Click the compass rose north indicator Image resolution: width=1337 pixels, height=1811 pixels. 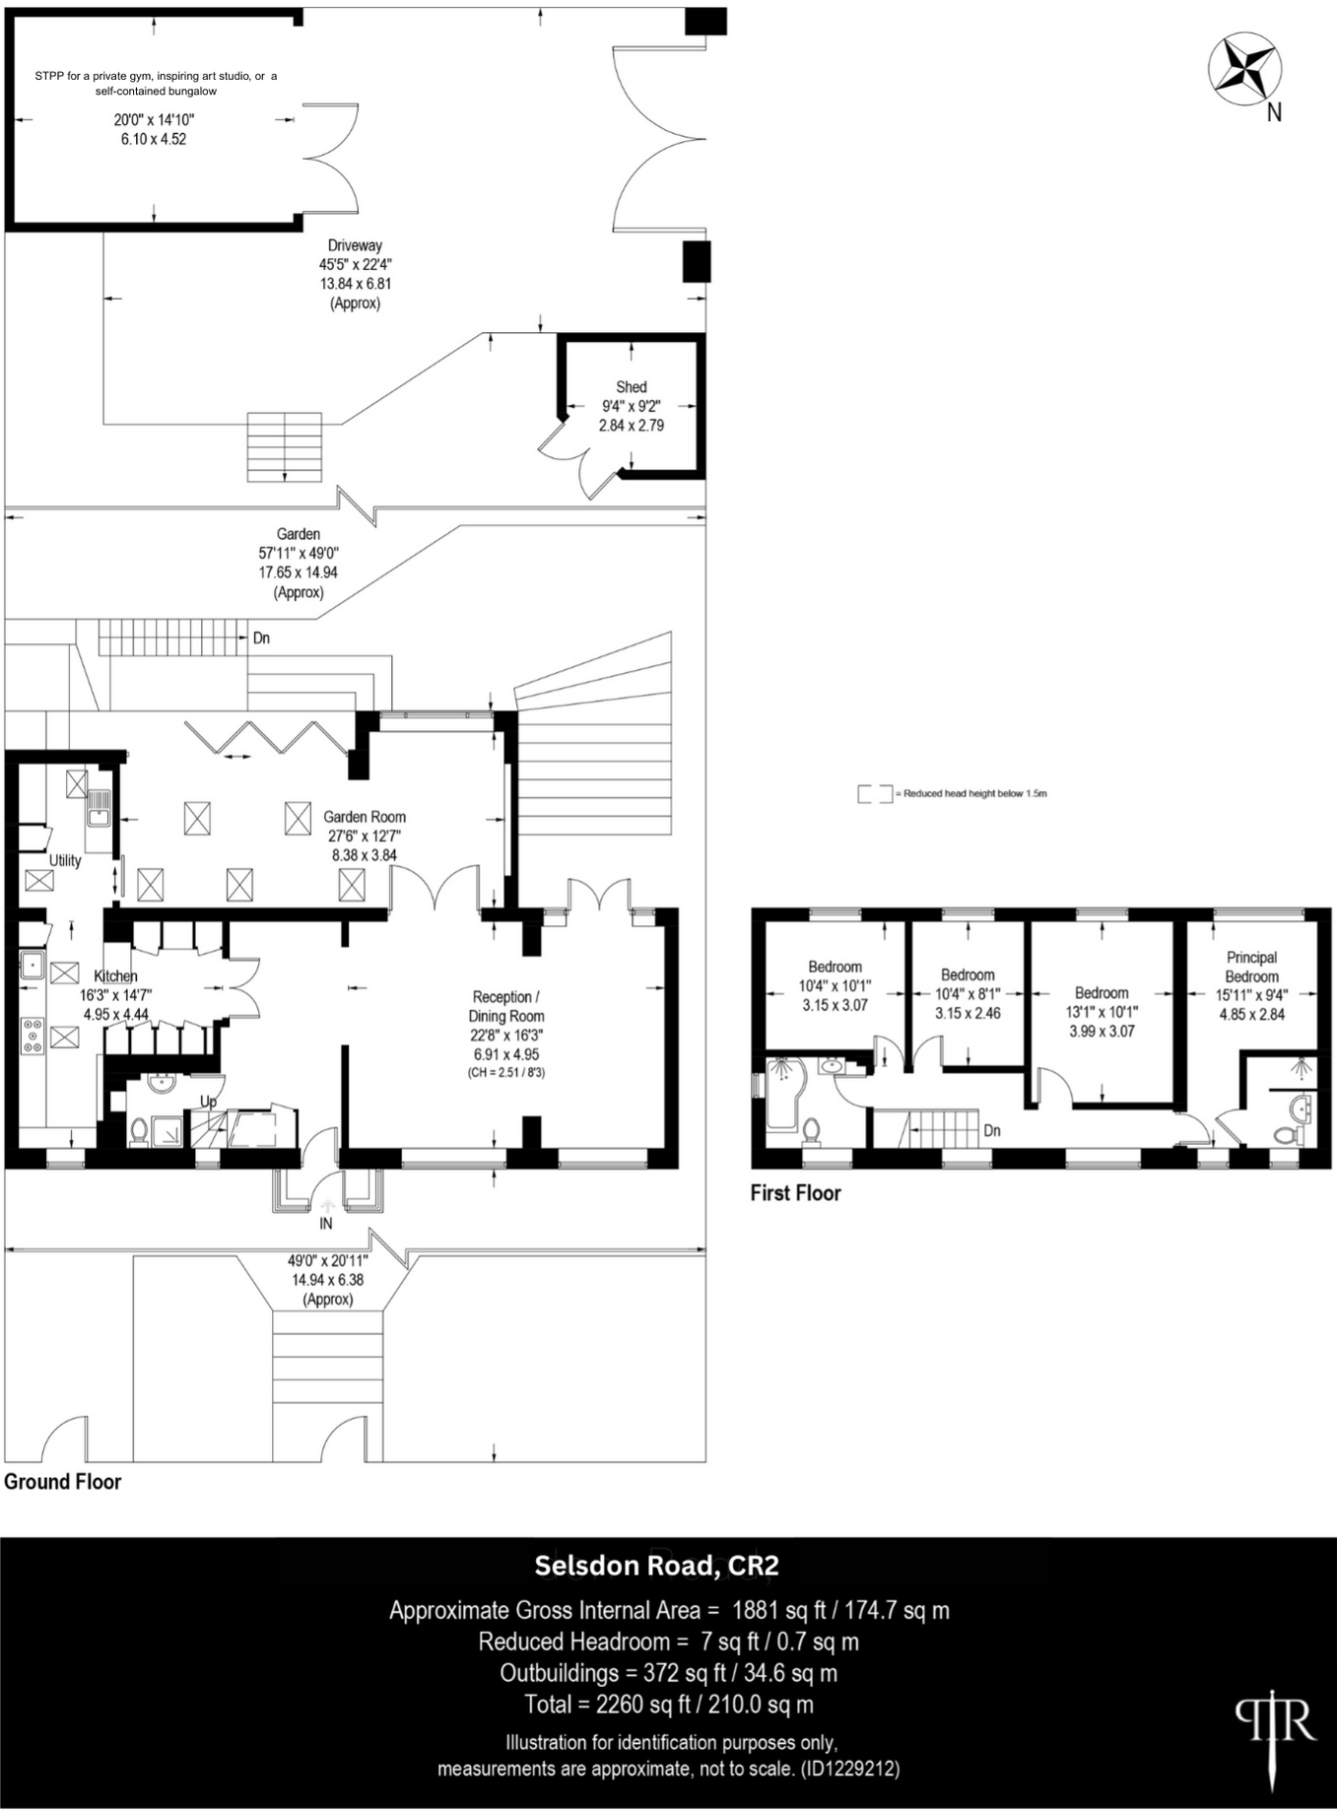pyautogui.click(x=1246, y=68)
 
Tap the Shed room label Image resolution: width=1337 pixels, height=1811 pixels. pyautogui.click(x=631, y=387)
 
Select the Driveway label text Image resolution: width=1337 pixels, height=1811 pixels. pyautogui.click(x=355, y=245)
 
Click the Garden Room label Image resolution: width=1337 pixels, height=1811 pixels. pyautogui.click(x=365, y=817)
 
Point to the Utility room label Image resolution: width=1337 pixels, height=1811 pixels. pyautogui.click(x=65, y=860)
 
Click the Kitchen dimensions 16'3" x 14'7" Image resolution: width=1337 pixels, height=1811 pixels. pyautogui.click(x=115, y=995)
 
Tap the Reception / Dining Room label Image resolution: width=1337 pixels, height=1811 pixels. pyautogui.click(x=505, y=1006)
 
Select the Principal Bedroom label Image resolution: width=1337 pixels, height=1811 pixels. pyautogui.click(x=1251, y=967)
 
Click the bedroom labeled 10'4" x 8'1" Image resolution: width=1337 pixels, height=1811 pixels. pyautogui.click(x=968, y=994)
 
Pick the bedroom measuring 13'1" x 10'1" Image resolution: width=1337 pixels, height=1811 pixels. pyautogui.click(x=1102, y=1012)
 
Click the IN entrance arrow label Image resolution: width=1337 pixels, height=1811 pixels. pyautogui.click(x=326, y=1223)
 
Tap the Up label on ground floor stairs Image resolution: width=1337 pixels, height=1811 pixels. pyautogui.click(x=208, y=1101)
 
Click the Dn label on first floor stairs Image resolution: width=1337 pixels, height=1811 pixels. pyautogui.click(x=992, y=1130)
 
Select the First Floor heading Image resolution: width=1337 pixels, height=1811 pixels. pyautogui.click(x=795, y=1193)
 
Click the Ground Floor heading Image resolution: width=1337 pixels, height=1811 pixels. pyautogui.click(x=62, y=1482)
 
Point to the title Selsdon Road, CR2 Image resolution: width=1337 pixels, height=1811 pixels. pyautogui.click(x=656, y=1565)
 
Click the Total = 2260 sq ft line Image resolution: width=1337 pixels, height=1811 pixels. pyautogui.click(x=669, y=1704)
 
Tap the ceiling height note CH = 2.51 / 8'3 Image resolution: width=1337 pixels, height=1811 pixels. pyautogui.click(x=505, y=1072)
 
